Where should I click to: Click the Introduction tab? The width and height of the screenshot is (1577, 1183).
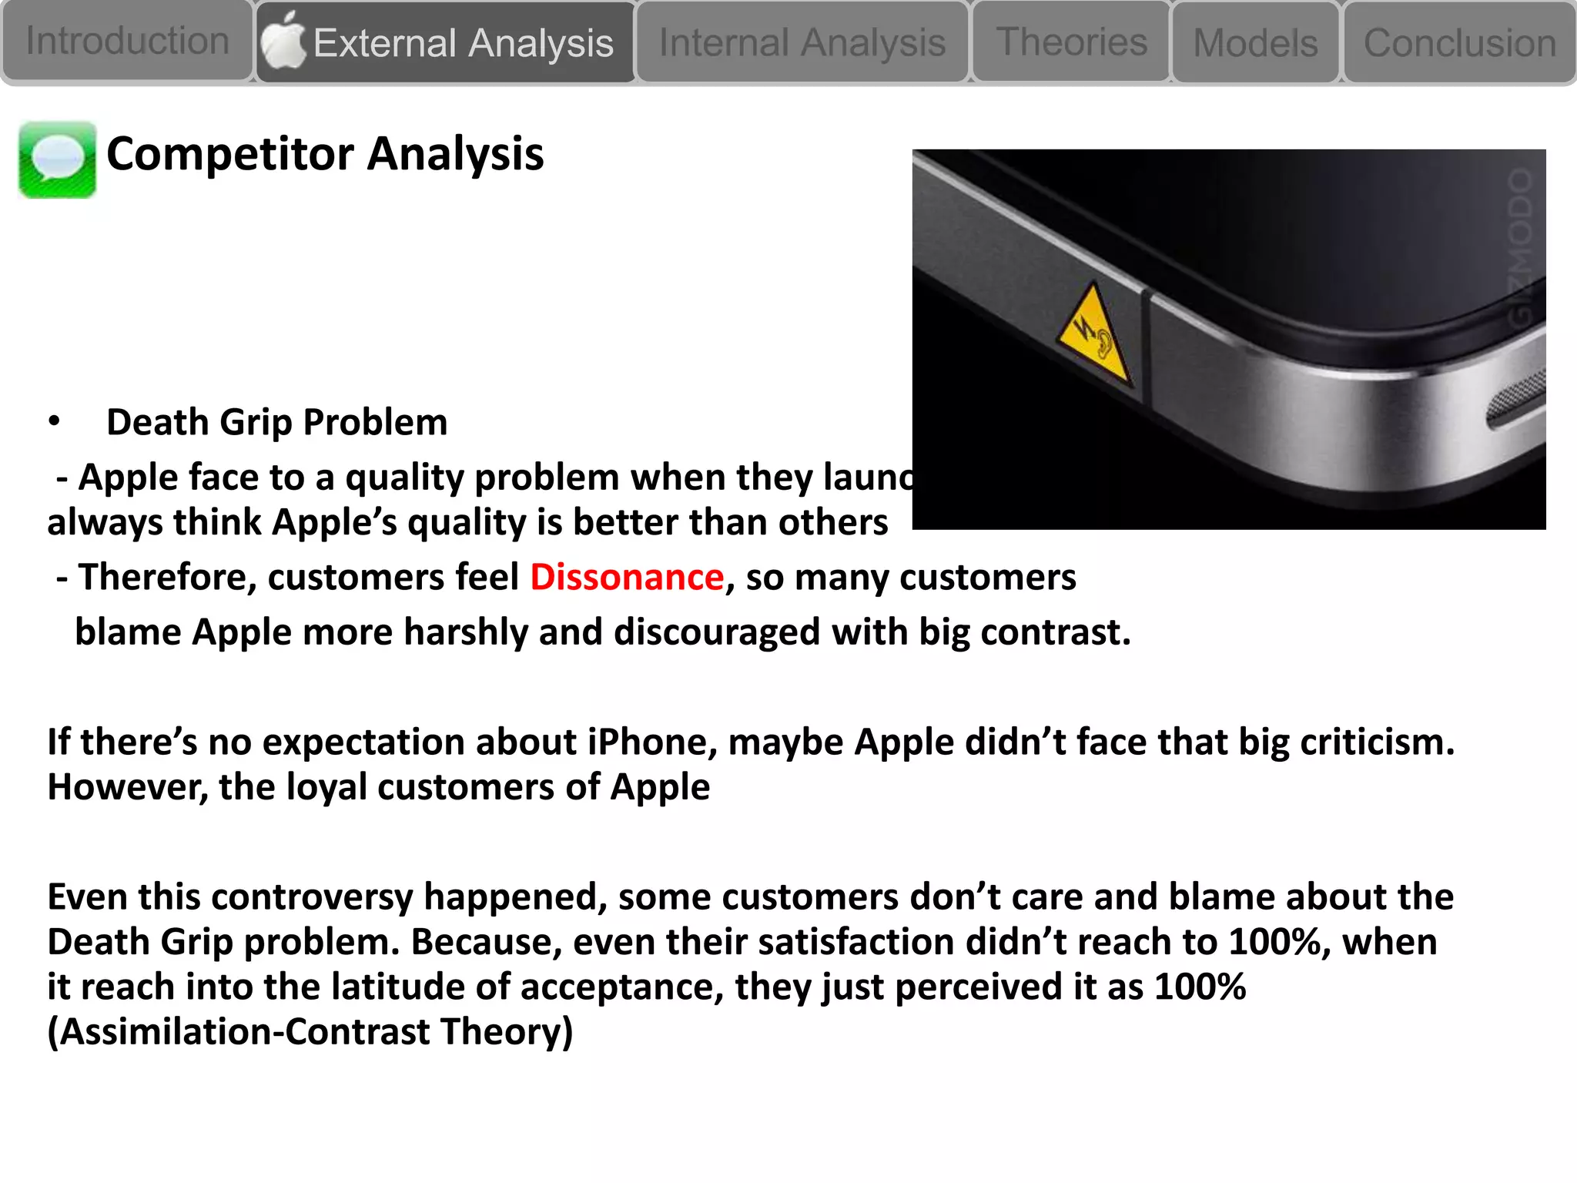[x=127, y=41]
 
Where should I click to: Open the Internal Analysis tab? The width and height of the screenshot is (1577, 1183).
[x=802, y=43]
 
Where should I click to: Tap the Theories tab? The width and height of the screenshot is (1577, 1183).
[x=1071, y=42]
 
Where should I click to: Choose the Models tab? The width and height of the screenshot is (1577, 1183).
[x=1255, y=43]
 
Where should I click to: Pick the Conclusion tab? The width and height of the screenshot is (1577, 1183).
[x=1459, y=43]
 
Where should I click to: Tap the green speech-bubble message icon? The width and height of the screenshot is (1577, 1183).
[x=58, y=159]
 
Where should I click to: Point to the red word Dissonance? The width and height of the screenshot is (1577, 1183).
[x=627, y=577]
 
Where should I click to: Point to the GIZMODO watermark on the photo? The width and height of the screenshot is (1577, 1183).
[x=1520, y=246]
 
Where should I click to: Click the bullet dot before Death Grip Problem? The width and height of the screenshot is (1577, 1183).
[x=54, y=421]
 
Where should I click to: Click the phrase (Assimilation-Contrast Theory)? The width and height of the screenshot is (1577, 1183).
[x=310, y=1032]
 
